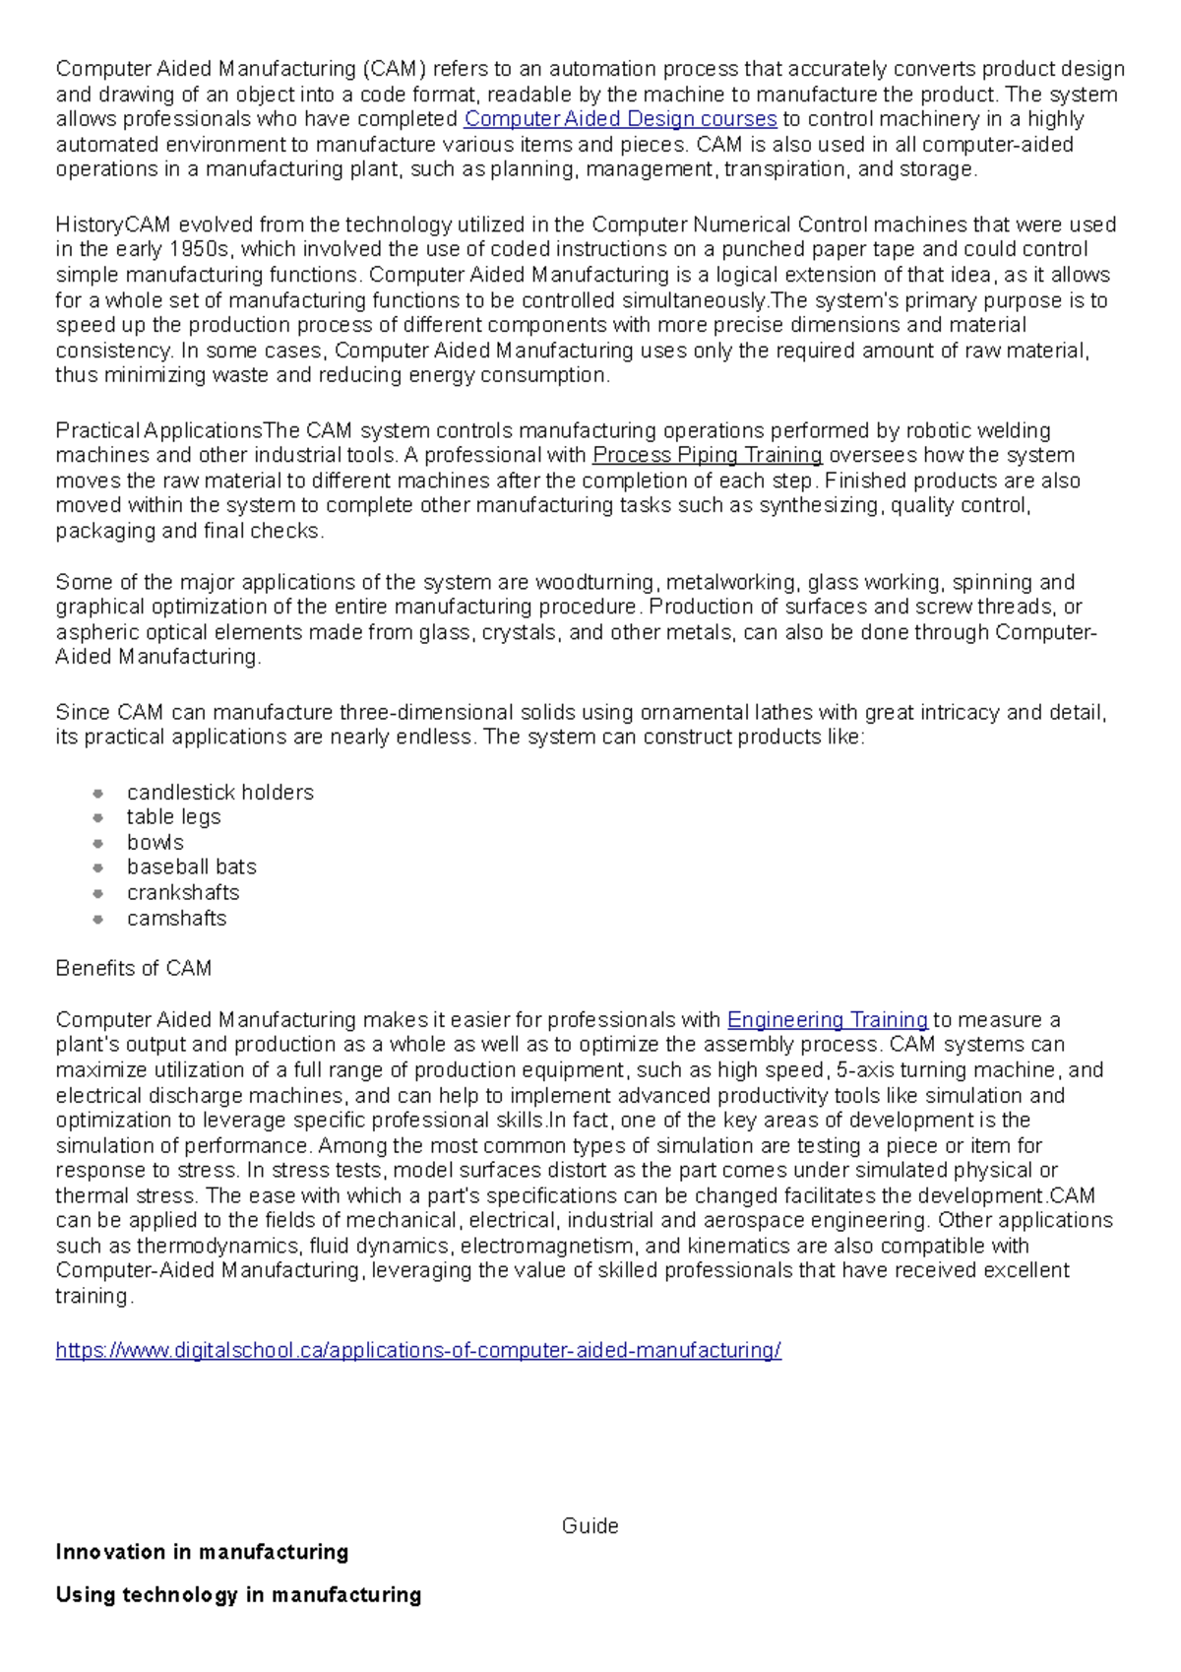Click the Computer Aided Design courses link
click(x=620, y=119)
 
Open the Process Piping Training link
click(x=707, y=455)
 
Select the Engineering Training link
click(x=827, y=1019)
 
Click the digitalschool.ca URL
click(x=418, y=1350)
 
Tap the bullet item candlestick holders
click(x=219, y=792)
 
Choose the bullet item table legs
click(x=173, y=816)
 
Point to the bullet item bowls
click(x=155, y=842)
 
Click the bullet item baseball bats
click(x=191, y=867)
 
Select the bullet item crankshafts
click(x=183, y=892)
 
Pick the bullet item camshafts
click(x=176, y=918)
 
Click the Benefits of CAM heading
click(x=133, y=968)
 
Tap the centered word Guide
click(x=590, y=1525)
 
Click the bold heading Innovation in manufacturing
click(x=202, y=1552)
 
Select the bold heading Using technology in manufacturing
click(x=238, y=1594)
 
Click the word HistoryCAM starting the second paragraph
click(x=113, y=224)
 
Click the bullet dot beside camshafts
click(x=97, y=919)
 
